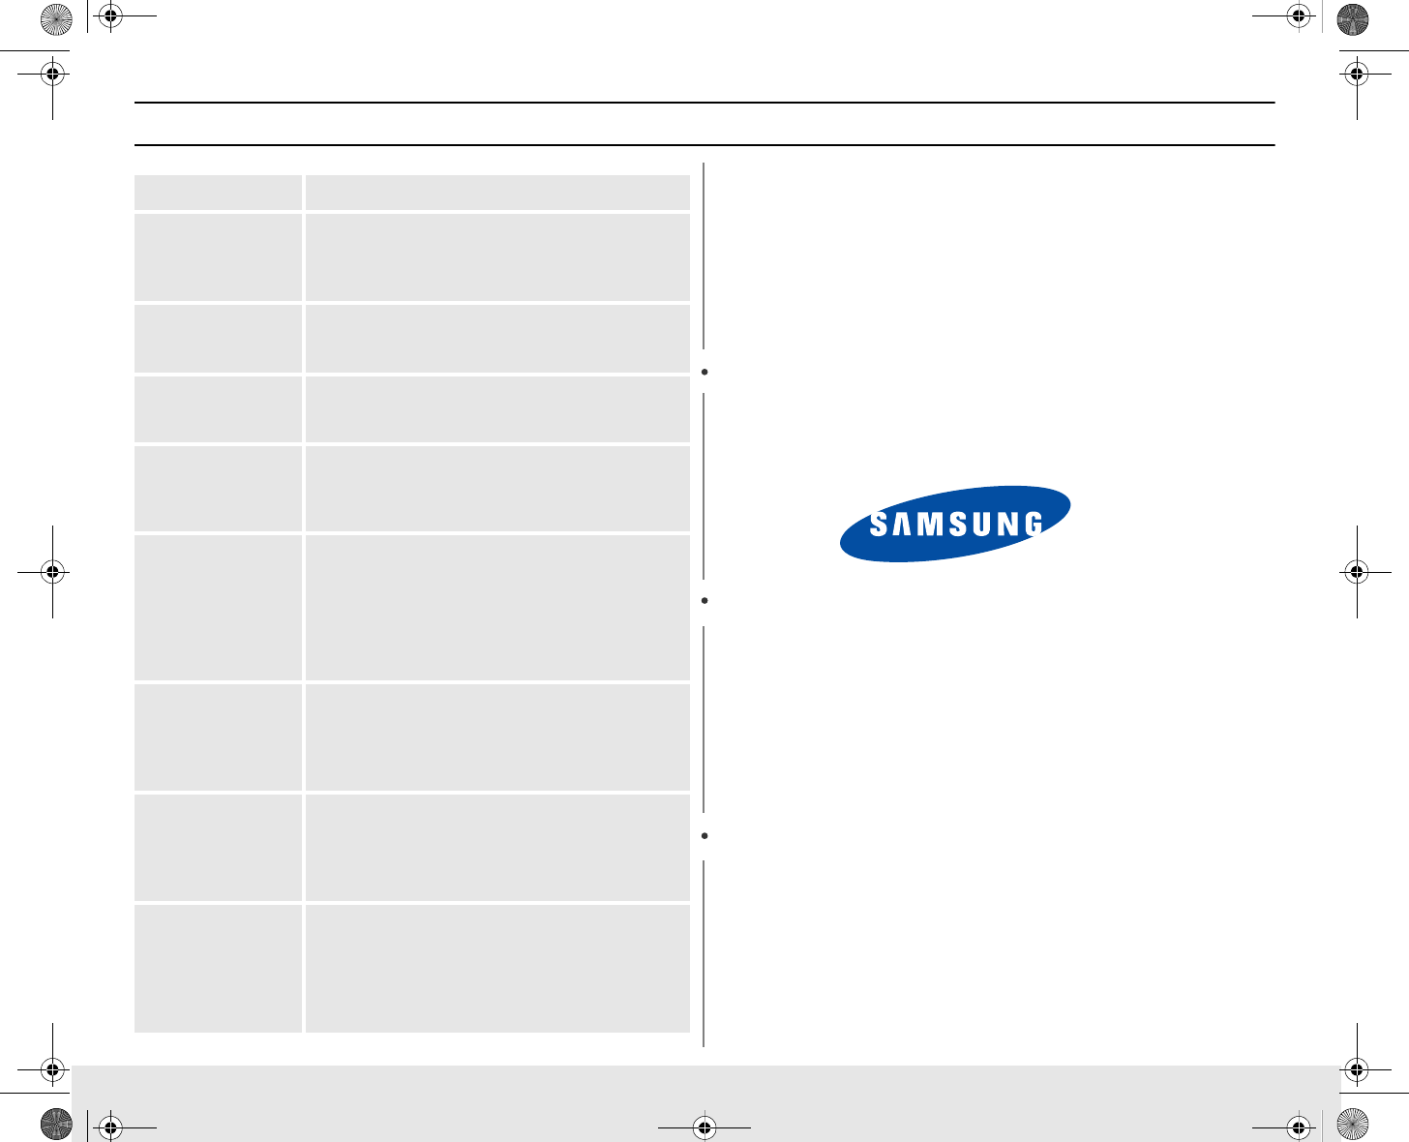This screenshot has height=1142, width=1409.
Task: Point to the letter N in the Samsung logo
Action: (1007, 525)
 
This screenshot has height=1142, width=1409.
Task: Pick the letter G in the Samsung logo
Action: (1033, 525)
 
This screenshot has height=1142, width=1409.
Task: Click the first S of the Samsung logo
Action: (879, 525)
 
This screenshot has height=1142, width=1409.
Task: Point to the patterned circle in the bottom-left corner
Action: (56, 1126)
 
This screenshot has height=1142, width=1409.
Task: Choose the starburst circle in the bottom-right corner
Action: (1352, 1126)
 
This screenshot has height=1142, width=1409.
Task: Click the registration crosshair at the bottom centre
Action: (704, 1127)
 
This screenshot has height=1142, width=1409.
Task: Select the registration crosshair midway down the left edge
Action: (52, 572)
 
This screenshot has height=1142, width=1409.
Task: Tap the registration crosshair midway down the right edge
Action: (1357, 572)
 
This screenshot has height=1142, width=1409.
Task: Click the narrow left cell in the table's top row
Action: (218, 193)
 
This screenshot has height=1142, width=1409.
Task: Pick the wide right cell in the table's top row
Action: (497, 193)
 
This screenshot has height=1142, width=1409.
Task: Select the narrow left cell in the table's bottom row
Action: (218, 968)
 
